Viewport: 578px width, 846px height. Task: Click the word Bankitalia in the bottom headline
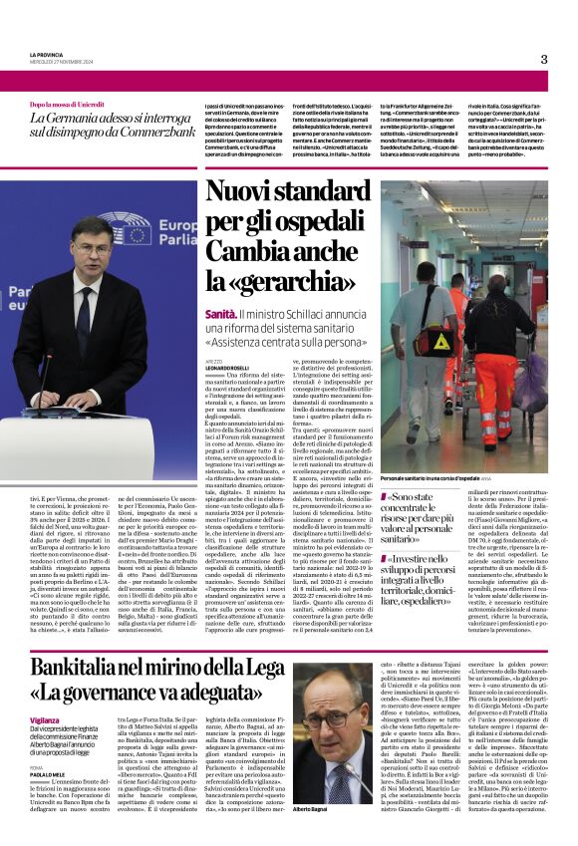click(85, 668)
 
